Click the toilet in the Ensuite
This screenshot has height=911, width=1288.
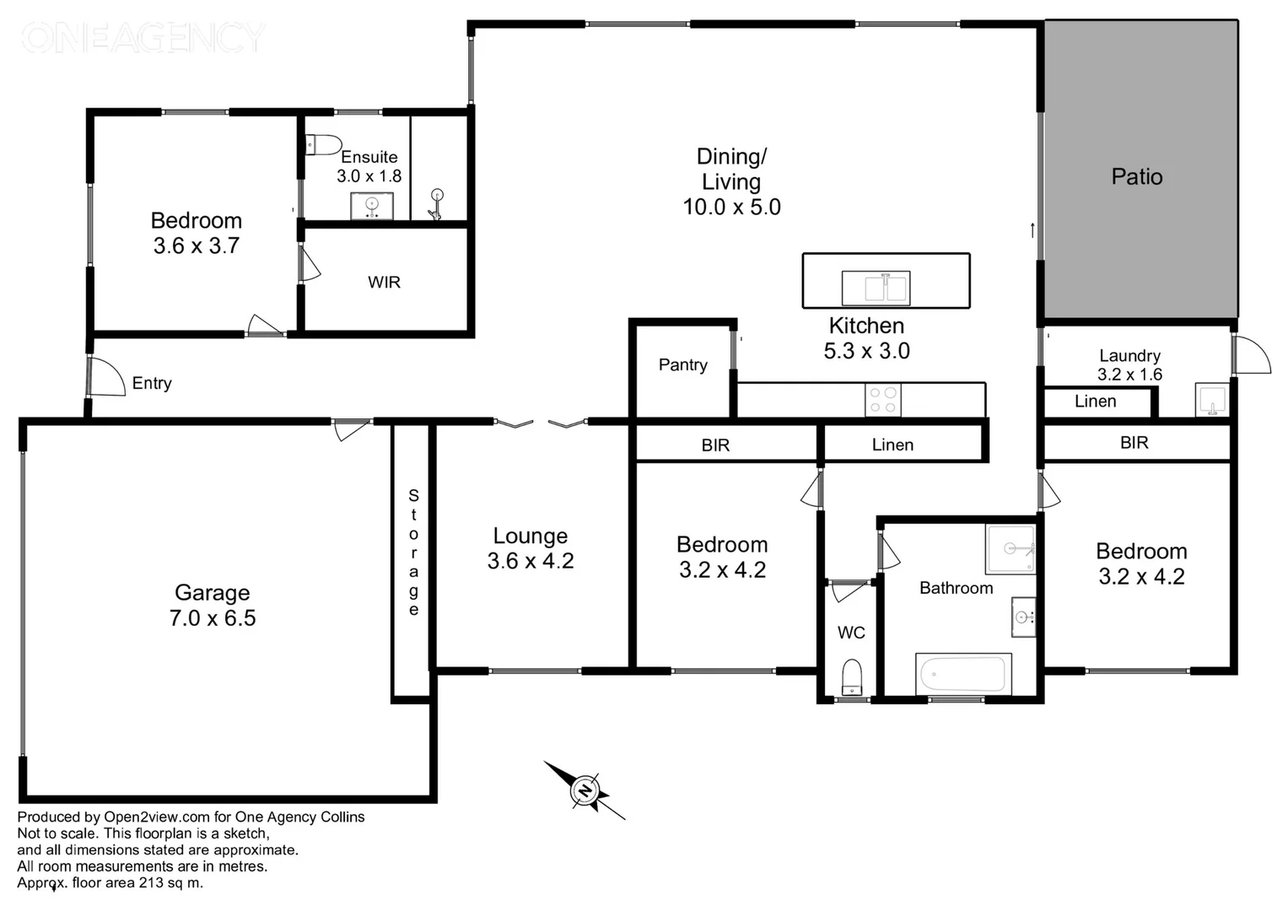pos(323,145)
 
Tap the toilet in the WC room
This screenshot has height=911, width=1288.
pos(852,676)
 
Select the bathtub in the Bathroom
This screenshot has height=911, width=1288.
pos(963,674)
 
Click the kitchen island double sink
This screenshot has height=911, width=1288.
pos(876,288)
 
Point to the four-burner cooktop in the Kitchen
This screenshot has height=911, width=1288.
pos(882,400)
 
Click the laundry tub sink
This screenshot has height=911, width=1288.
pos(1211,400)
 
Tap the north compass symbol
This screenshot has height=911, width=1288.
pos(585,790)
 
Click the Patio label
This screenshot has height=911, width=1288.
pos(1136,177)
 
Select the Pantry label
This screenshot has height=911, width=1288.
pos(682,365)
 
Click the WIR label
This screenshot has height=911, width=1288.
pos(384,283)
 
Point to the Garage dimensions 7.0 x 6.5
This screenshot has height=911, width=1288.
pos(213,618)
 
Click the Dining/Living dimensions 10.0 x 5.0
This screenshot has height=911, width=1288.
pos(731,208)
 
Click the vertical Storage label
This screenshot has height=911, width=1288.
pos(413,553)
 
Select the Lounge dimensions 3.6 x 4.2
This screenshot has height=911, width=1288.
pos(531,562)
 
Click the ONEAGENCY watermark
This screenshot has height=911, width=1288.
pos(142,38)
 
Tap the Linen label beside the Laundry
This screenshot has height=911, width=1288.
pos(1095,402)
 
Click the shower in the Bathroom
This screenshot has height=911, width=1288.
pos(1010,548)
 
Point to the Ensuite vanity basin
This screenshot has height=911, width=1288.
pos(371,206)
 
